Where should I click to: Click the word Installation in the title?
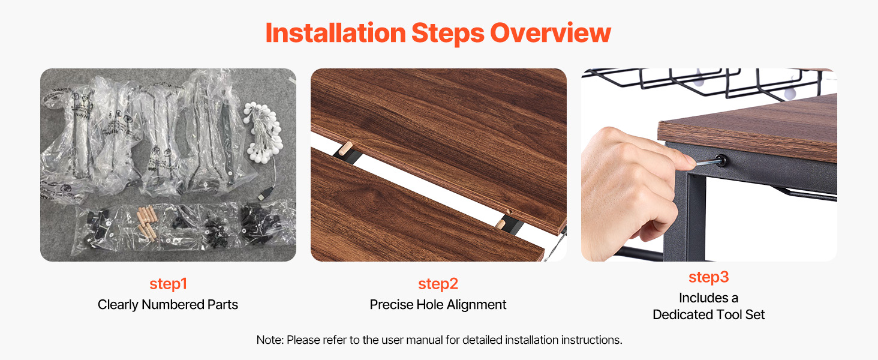[335, 33]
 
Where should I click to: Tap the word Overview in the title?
[551, 33]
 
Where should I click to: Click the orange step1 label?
[168, 284]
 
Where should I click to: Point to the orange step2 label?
[438, 284]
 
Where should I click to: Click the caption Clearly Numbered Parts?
[168, 305]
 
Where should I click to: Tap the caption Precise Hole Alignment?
[438, 305]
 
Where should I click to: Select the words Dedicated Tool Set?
[709, 314]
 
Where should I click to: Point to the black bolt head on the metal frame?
[720, 160]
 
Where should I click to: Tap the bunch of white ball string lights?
[263, 131]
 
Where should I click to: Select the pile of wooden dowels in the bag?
[146, 222]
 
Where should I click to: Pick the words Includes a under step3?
[709, 298]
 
